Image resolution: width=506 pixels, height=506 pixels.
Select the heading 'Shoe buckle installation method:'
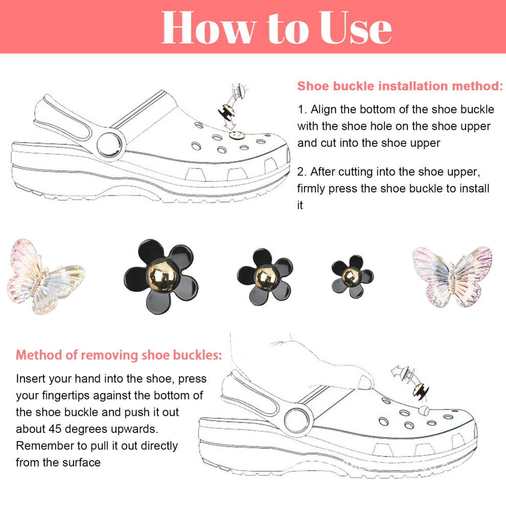tap(400, 86)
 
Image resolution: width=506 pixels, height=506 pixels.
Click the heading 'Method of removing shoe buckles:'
tap(119, 355)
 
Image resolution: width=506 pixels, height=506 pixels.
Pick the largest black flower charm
tap(161, 277)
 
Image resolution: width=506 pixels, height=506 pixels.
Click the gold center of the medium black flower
tap(266, 277)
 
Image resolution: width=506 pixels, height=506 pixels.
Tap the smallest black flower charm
tap(352, 277)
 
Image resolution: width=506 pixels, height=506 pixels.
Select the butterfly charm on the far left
tap(45, 277)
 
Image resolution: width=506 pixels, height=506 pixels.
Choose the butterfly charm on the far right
tap(452, 277)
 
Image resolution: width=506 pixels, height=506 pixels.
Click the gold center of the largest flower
tap(163, 276)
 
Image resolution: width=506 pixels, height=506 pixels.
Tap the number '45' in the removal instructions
tap(55, 429)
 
